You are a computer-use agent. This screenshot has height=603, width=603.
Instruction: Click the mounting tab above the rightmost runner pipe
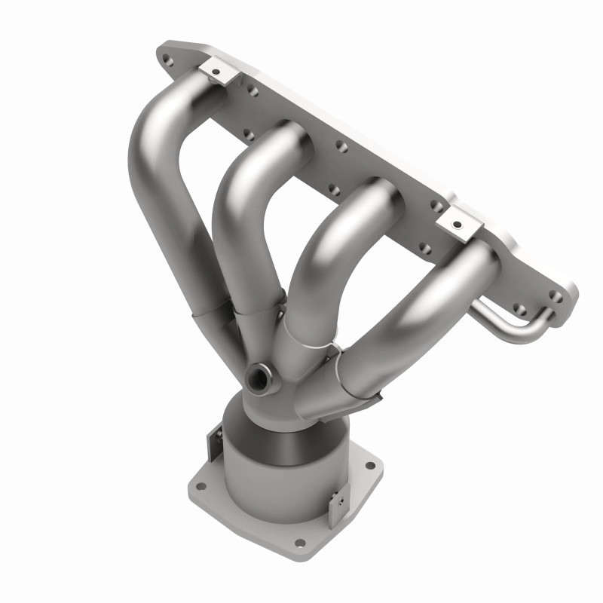coord(457,222)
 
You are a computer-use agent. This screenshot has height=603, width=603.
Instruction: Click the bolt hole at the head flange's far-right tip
coord(558,296)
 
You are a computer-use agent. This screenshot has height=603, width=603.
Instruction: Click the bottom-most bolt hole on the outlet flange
coord(300,542)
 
